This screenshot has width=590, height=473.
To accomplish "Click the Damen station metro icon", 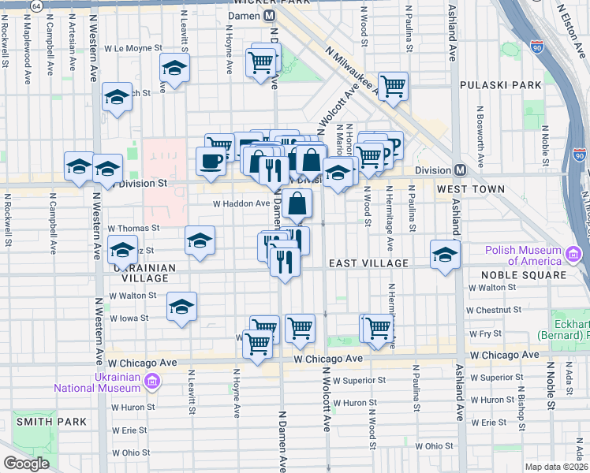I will (271, 16).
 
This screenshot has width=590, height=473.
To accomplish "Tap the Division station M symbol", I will (460, 170).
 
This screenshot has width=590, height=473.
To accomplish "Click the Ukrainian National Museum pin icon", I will (151, 382).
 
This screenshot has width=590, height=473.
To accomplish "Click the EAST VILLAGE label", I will (368, 263).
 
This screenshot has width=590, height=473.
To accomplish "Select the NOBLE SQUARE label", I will (528, 275).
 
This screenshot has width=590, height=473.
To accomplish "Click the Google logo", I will (26, 464).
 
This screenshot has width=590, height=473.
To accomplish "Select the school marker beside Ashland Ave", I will (445, 254).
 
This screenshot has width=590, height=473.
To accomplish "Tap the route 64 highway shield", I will (36, 6).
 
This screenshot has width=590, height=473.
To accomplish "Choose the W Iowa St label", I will (129, 318).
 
